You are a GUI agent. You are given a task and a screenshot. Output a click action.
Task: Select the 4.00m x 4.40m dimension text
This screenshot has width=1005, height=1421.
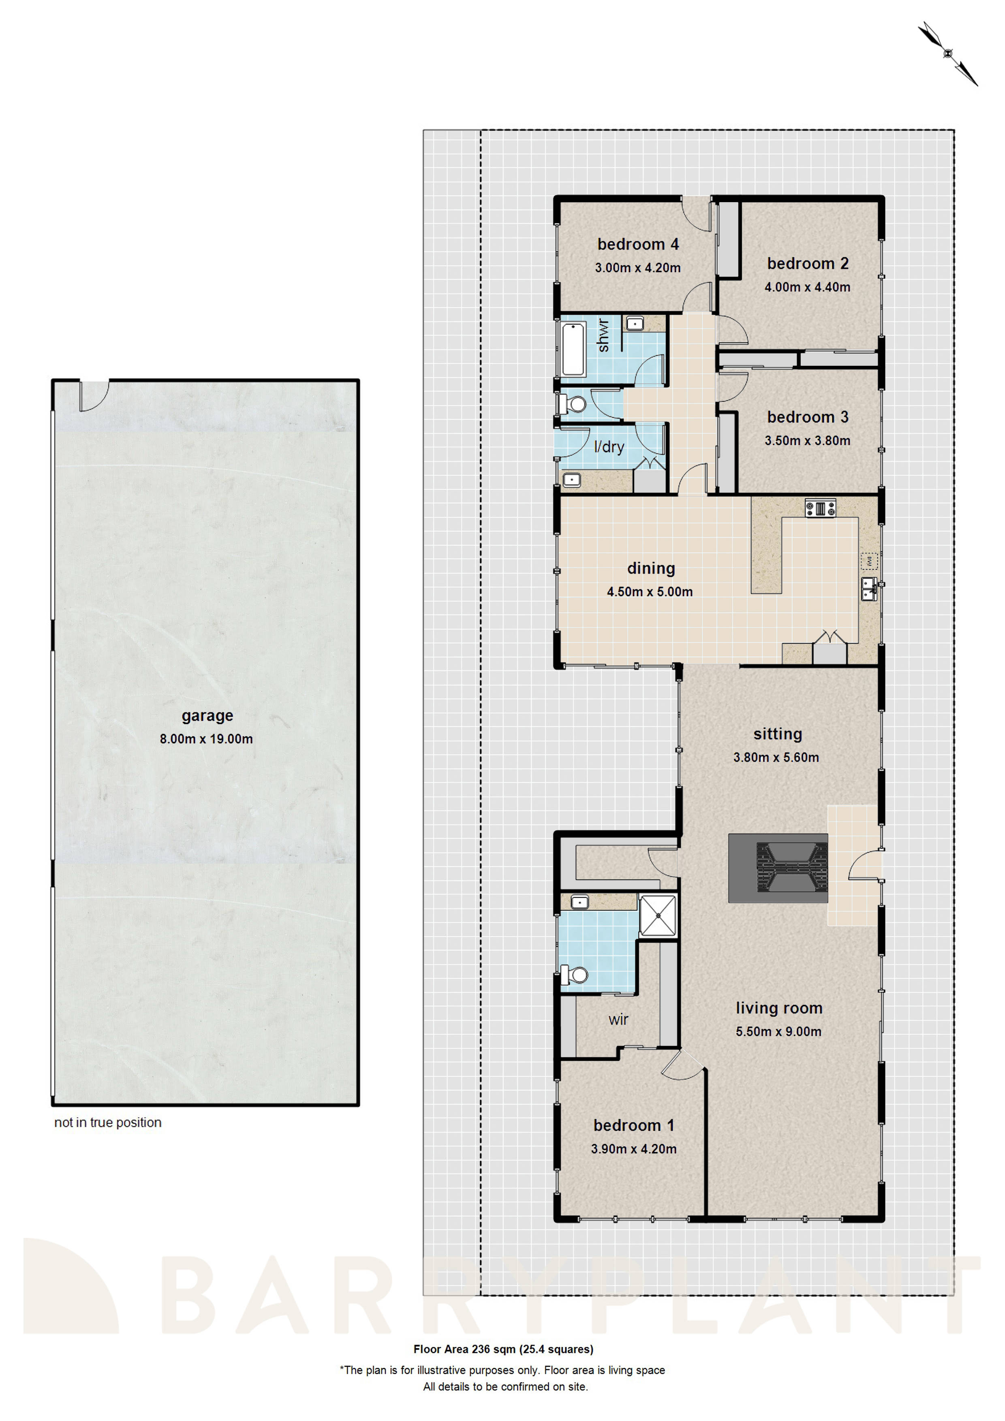pyautogui.click(x=806, y=287)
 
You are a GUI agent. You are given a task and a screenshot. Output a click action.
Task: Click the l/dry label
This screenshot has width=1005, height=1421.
pyautogui.click(x=608, y=447)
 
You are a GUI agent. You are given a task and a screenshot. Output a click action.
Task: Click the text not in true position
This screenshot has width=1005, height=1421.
pyautogui.click(x=108, y=1123)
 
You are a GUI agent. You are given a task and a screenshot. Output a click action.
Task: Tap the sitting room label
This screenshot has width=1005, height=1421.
pyautogui.click(x=777, y=734)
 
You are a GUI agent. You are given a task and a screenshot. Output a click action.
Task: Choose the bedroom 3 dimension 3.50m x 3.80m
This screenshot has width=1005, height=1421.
pyautogui.click(x=806, y=441)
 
